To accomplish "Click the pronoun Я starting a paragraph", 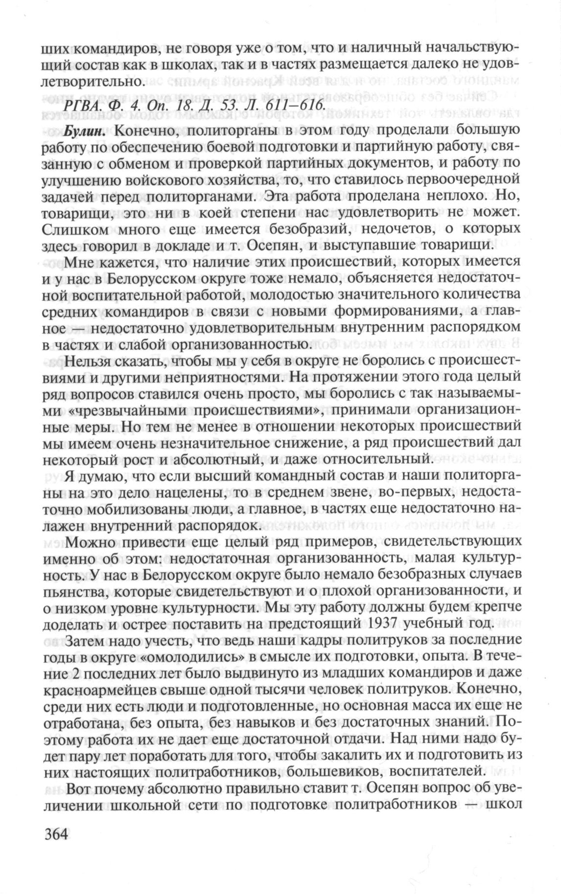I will coord(70,476).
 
